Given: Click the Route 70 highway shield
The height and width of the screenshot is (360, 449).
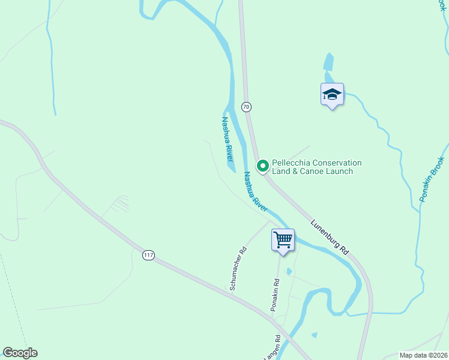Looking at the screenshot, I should point(246,107).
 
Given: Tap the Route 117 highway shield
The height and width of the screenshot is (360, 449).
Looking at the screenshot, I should point(148,256).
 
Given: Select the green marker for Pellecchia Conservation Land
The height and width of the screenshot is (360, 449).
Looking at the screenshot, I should point(262,166).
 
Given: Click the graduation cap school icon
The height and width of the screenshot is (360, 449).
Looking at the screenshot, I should point(332,94).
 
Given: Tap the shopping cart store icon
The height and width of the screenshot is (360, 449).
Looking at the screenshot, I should point(283,240).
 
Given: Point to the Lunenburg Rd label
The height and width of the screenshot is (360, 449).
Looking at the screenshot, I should point(330,236).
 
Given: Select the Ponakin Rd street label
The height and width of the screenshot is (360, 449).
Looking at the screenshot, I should point(275,295).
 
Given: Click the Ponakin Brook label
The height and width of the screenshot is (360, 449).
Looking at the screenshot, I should point(433,179).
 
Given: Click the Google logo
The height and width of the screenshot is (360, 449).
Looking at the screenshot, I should point(20,353).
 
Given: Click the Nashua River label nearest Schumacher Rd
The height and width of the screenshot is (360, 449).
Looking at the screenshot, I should point(255,191).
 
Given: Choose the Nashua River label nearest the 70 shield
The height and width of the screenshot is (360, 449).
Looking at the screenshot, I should point(227,139).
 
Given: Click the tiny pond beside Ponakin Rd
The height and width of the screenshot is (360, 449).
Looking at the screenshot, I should point(289,272).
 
